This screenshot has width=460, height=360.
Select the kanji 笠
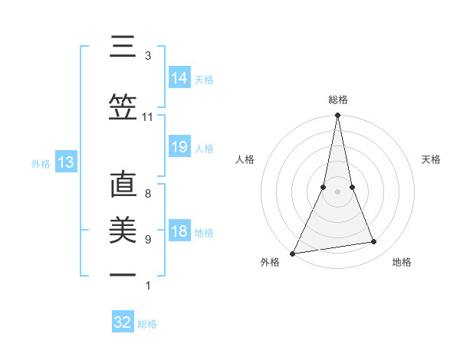click(x=123, y=107)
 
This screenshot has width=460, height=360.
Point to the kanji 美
click(x=123, y=231)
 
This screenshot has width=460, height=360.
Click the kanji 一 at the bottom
click(x=123, y=275)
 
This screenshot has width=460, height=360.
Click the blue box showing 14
click(x=179, y=78)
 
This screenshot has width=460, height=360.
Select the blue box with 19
click(x=179, y=148)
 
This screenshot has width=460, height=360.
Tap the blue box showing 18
click(x=179, y=231)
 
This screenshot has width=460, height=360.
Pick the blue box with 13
click(x=65, y=162)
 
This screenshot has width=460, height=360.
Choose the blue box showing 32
click(x=123, y=322)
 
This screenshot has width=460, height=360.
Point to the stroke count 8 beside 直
click(x=147, y=194)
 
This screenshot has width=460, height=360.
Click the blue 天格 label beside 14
click(x=204, y=79)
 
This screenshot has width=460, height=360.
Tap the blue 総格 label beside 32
click(x=148, y=323)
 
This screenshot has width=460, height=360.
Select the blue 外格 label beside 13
click(x=41, y=163)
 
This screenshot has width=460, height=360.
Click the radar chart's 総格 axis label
click(x=337, y=100)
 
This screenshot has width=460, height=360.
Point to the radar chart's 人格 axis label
click(x=245, y=159)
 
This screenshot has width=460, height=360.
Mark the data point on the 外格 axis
click(x=293, y=253)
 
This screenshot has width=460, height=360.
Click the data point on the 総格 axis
click(x=337, y=116)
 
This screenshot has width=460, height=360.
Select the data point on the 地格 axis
click(x=374, y=242)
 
